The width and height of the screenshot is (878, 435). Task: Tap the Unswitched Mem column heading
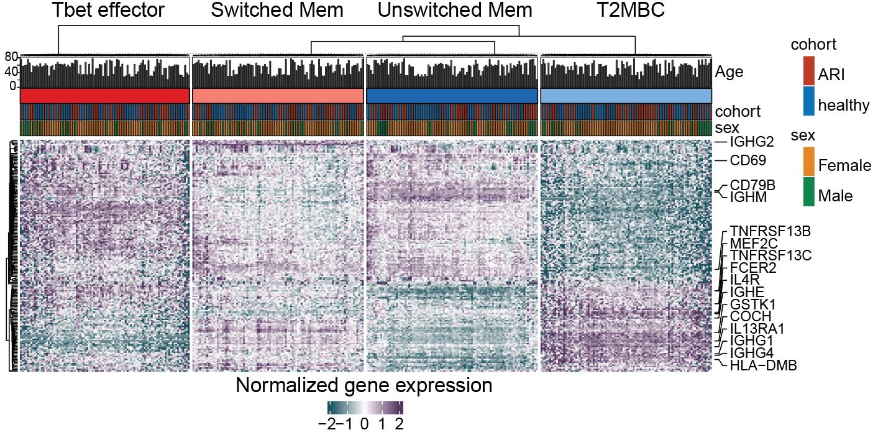pos(455,11)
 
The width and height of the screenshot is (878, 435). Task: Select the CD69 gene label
pos(748,161)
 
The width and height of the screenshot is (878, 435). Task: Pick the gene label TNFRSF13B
pos(769,232)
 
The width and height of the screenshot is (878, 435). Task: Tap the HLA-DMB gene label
pos(763,365)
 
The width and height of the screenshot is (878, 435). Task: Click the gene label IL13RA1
pos(761,329)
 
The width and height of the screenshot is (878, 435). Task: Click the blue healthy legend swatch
pos(808,101)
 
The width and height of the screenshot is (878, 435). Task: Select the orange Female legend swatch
pos(808,162)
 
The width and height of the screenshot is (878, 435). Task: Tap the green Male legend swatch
pos(808,192)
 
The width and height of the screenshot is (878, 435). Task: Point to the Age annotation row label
pos(729,72)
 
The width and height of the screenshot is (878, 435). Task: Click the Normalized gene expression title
pos(364,386)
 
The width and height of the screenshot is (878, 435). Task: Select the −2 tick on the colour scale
pos(327,425)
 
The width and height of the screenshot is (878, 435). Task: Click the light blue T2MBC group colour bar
pos(626,96)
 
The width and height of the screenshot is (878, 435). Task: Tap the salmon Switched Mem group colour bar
pos(278,96)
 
